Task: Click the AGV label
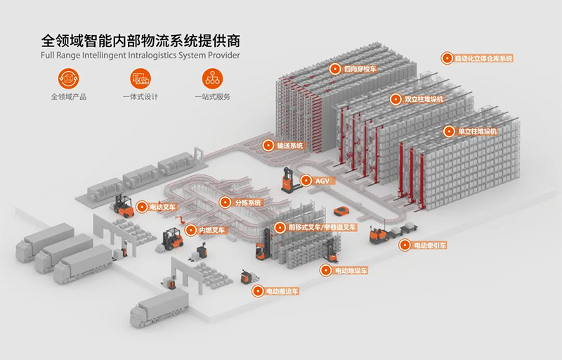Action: click(322, 181)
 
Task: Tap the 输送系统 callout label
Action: click(289, 146)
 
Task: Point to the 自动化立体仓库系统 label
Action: click(483, 58)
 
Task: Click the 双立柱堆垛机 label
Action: click(424, 99)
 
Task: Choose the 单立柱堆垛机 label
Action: click(477, 131)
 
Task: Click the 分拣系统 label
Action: click(247, 202)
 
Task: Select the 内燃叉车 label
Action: click(211, 230)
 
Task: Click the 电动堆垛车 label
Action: click(351, 270)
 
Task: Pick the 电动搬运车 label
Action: click(282, 290)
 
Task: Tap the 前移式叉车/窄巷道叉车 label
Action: click(322, 227)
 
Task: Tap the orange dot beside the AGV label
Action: click(307, 181)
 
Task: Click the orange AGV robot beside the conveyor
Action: click(341, 210)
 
